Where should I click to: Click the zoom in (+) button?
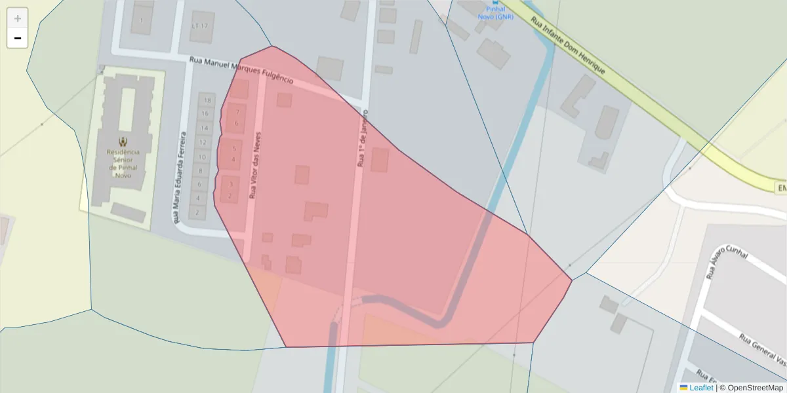tap(18, 18)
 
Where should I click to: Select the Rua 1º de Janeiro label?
tap(363, 138)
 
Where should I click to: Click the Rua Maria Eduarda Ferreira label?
tap(179, 178)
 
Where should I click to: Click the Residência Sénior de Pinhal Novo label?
tap(123, 163)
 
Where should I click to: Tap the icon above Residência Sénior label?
tap(123, 141)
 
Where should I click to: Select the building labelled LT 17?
tap(199, 26)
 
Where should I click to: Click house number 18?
tap(208, 101)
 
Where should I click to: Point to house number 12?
tap(203, 142)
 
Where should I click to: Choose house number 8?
tap(200, 171)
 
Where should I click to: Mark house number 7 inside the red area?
tap(236, 112)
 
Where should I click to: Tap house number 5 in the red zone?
tap(233, 149)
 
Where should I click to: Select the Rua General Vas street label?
tap(763, 350)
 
